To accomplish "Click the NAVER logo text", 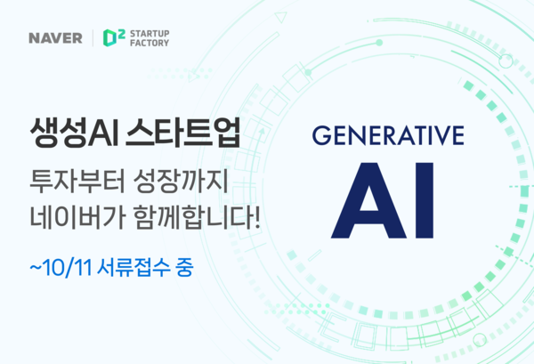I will [53, 38].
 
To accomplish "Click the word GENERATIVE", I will [388, 138].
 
